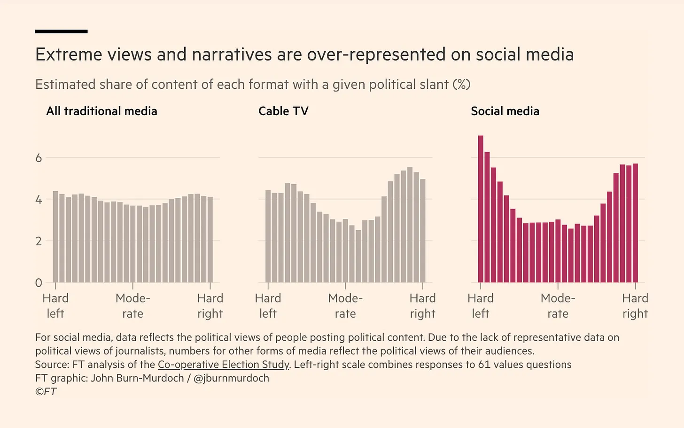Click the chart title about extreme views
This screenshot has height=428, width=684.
(x=304, y=55)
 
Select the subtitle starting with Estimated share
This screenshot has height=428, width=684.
(x=253, y=85)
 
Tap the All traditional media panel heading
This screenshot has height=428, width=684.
(x=101, y=111)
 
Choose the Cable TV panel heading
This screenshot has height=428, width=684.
(x=283, y=111)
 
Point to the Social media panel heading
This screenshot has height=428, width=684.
(x=505, y=111)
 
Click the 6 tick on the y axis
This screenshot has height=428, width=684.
(x=39, y=158)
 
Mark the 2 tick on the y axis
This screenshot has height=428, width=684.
(x=39, y=241)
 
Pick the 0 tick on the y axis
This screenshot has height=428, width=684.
(x=39, y=283)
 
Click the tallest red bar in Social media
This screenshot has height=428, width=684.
(x=481, y=209)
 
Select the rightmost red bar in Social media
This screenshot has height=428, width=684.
(x=635, y=223)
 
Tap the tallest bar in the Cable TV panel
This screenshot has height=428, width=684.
(x=410, y=225)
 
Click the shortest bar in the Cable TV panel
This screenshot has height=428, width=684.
(x=358, y=256)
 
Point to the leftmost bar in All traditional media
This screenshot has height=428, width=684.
(x=55, y=237)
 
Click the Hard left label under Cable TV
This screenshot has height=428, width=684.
(x=268, y=306)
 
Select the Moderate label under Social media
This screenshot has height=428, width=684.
(x=558, y=306)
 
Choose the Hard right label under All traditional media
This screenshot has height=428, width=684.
(x=210, y=306)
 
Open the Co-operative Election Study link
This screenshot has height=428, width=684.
(x=223, y=365)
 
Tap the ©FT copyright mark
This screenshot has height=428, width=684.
(x=46, y=392)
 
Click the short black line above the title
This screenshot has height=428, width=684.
(x=61, y=31)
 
